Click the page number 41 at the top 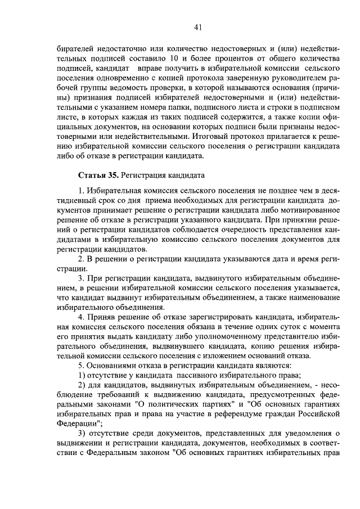197,27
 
